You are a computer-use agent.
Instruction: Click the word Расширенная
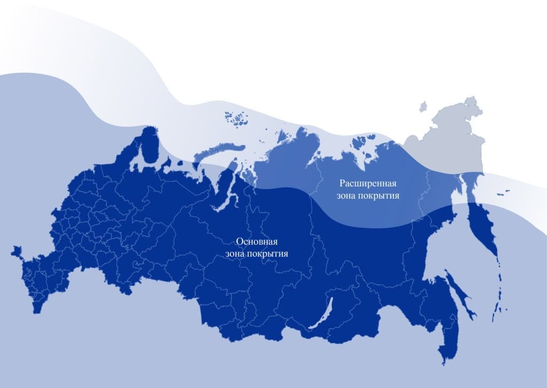[368, 184]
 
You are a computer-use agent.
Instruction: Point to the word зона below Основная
[237, 254]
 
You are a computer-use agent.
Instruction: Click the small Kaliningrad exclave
[16, 250]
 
